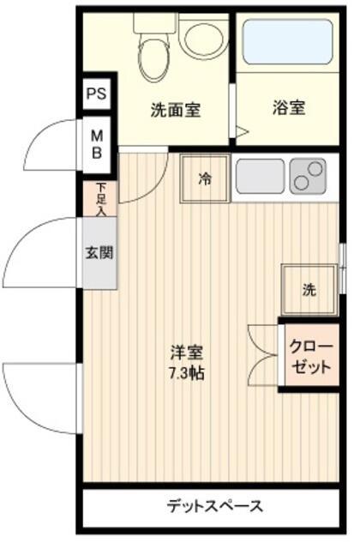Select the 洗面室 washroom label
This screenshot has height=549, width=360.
coord(175,109)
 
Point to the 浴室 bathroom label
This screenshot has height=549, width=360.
coord(290,109)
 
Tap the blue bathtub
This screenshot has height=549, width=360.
coord(288,42)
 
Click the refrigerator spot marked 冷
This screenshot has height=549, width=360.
coord(205,178)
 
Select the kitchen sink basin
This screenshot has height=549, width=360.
coord(261,176)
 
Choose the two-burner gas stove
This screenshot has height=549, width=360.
coord(308,175)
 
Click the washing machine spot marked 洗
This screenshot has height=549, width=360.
coord(309,290)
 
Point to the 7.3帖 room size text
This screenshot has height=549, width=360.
coord(185,373)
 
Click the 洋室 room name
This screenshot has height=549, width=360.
coord(185,352)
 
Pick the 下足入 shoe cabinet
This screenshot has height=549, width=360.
coord(102,198)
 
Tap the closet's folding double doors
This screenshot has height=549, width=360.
coord(261,353)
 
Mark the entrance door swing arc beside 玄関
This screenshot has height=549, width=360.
coord(39,254)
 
